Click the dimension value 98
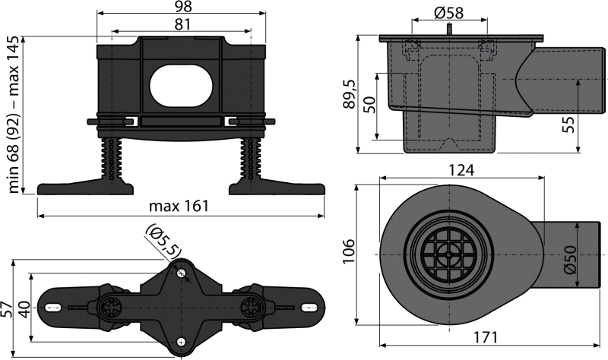(181, 8)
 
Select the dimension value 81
(181, 25)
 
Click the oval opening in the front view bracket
(181, 87)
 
